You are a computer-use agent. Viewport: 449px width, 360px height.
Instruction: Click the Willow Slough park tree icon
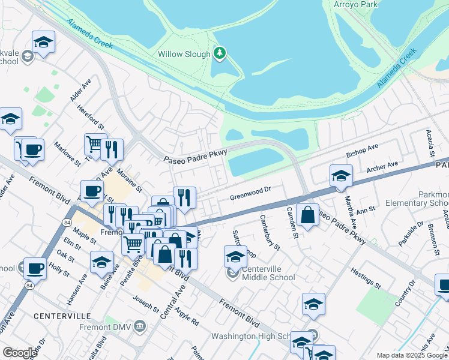pos(220,54)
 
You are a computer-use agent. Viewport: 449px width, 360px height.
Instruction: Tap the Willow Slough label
pos(184,54)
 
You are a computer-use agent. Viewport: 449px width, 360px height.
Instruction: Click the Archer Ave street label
pos(385,166)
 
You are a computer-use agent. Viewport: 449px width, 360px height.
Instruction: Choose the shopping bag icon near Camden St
pos(307,216)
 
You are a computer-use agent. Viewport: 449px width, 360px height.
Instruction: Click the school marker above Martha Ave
pos(341,176)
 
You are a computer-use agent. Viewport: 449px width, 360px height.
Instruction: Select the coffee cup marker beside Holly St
pos(35,268)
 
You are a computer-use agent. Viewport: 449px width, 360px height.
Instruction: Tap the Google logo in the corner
pos(20,353)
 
